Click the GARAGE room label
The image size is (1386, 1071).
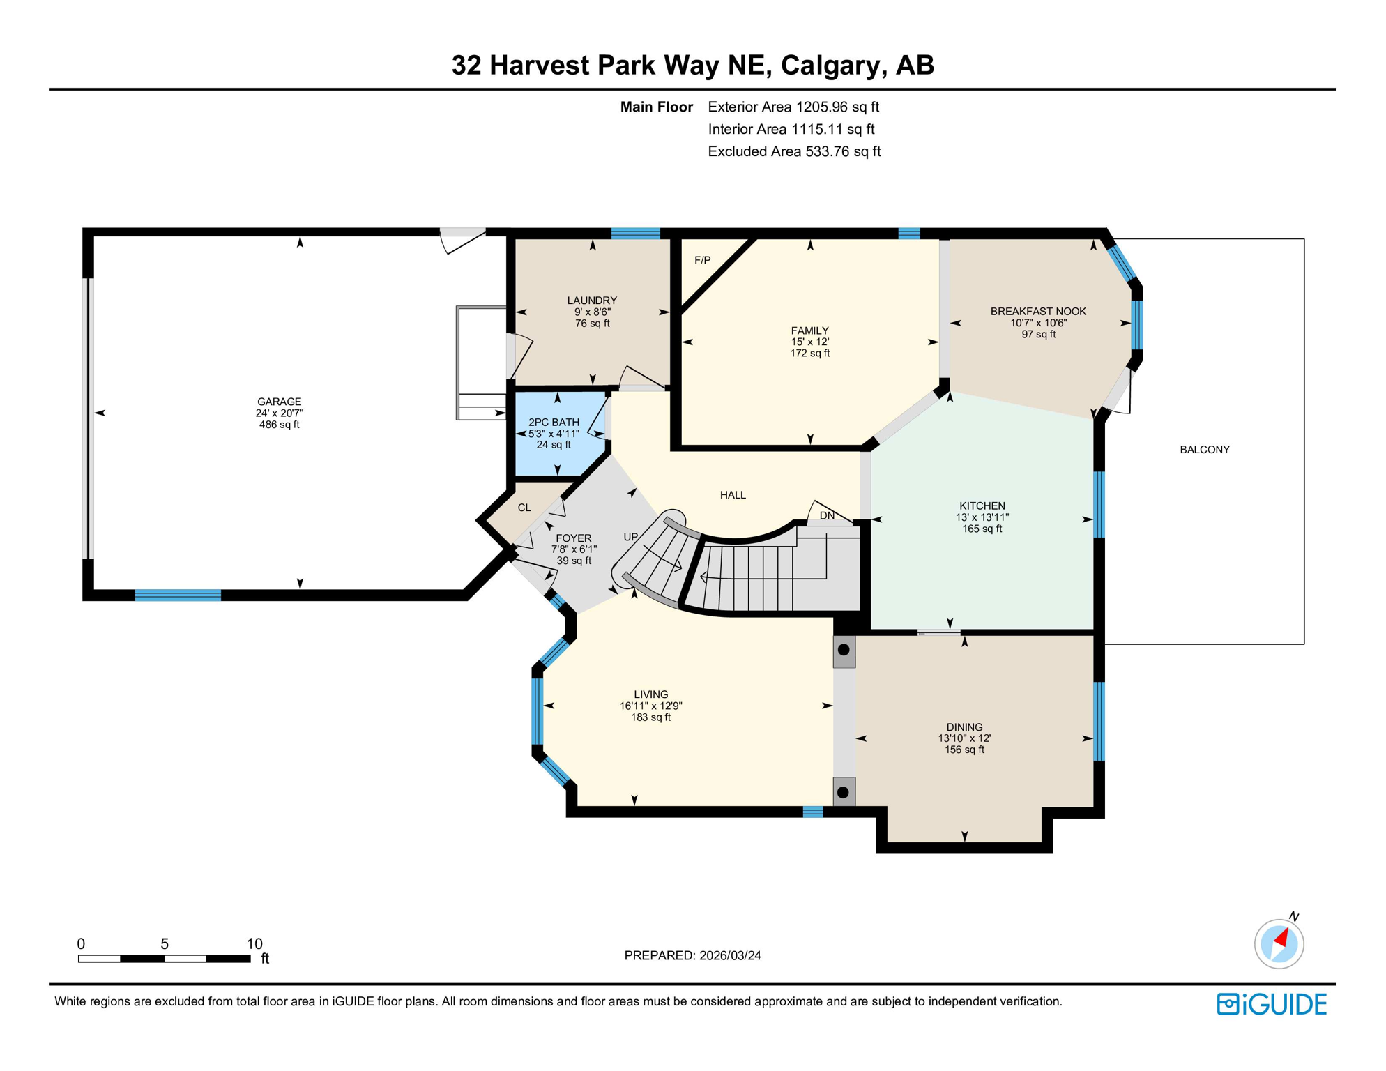point(279,402)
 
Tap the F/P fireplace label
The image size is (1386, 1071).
point(702,260)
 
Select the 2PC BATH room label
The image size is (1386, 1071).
point(553,422)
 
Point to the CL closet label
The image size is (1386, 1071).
point(524,508)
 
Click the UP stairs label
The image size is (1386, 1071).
point(630,537)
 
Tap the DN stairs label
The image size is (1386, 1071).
point(827,516)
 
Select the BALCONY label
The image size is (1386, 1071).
point(1204,450)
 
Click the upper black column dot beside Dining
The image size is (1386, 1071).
point(844,650)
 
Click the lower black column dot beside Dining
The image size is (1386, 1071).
point(843,792)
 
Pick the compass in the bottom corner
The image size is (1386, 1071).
point(1279,944)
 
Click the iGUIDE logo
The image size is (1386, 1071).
point(1271,1004)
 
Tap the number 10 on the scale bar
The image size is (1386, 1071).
point(254,943)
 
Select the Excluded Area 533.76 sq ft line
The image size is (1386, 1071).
point(794,151)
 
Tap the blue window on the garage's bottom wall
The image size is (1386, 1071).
point(178,595)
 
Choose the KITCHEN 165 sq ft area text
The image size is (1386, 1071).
point(982,529)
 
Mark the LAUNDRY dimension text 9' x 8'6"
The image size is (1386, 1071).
point(592,312)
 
